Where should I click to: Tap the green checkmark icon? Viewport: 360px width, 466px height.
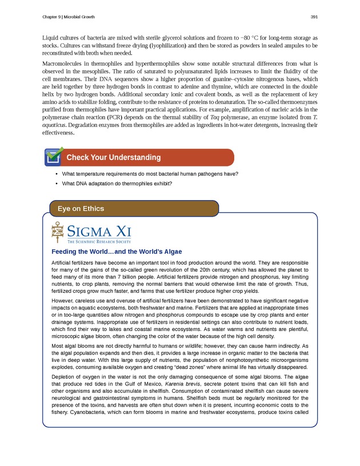pos(54,156)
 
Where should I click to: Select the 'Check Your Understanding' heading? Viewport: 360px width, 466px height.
pos(113,157)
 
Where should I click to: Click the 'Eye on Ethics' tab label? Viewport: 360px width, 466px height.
pos(81,209)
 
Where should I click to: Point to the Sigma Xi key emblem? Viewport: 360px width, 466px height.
pos(57,233)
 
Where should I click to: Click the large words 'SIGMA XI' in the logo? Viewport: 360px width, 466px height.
pos(99,231)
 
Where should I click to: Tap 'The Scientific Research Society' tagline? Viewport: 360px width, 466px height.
pos(99,242)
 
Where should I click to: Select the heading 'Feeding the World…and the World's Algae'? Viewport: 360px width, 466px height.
pos(117,252)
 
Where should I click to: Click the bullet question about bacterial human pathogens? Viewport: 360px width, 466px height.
pos(150,174)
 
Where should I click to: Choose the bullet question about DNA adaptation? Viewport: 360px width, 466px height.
pos(117,184)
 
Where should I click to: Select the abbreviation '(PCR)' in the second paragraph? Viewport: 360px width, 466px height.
pos(127,117)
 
